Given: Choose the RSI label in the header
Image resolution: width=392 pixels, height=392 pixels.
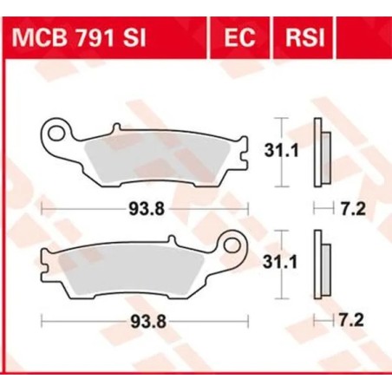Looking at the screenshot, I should [x=299, y=38].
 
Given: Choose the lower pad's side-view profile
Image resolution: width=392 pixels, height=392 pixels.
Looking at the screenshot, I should [x=322, y=266].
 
